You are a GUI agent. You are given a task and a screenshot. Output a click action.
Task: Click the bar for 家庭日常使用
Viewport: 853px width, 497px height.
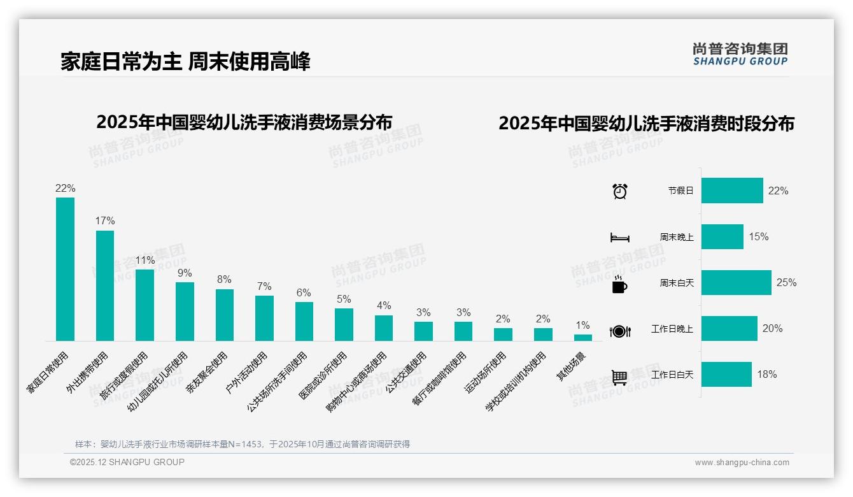[65, 269]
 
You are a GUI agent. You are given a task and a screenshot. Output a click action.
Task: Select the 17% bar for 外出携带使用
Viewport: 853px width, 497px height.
[105, 285]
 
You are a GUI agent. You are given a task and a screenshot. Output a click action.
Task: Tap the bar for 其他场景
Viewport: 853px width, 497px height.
[582, 337]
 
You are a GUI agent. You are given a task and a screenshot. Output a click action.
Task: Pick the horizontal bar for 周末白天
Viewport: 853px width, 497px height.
[736, 282]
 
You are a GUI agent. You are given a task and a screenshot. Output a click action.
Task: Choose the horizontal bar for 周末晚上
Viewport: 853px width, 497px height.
[722, 236]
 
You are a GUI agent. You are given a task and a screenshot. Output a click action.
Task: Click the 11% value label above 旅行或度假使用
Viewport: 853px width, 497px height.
[145, 260]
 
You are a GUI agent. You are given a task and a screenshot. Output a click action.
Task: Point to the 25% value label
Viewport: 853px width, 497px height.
[786, 282]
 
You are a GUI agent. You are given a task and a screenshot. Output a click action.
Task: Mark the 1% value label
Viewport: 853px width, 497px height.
[582, 325]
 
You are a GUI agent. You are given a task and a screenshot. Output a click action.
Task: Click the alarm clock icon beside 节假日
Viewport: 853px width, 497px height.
[619, 191]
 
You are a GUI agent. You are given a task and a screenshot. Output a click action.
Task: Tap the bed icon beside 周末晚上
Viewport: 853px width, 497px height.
[619, 237]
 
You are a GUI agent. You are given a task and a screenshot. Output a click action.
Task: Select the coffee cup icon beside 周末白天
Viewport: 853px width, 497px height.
[619, 285]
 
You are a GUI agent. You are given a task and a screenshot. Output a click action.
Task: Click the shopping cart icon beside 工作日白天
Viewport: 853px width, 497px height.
[619, 377]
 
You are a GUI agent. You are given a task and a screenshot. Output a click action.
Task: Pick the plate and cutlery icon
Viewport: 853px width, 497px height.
[619, 331]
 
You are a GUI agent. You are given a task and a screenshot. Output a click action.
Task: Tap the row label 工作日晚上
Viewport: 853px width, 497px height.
[672, 329]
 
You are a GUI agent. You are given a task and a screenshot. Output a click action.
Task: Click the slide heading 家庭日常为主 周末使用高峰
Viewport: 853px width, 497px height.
[185, 62]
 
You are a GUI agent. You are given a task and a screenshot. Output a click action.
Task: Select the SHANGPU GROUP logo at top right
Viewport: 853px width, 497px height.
[740, 54]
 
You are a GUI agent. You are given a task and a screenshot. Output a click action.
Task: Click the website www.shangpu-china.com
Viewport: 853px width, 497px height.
[742, 463]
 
